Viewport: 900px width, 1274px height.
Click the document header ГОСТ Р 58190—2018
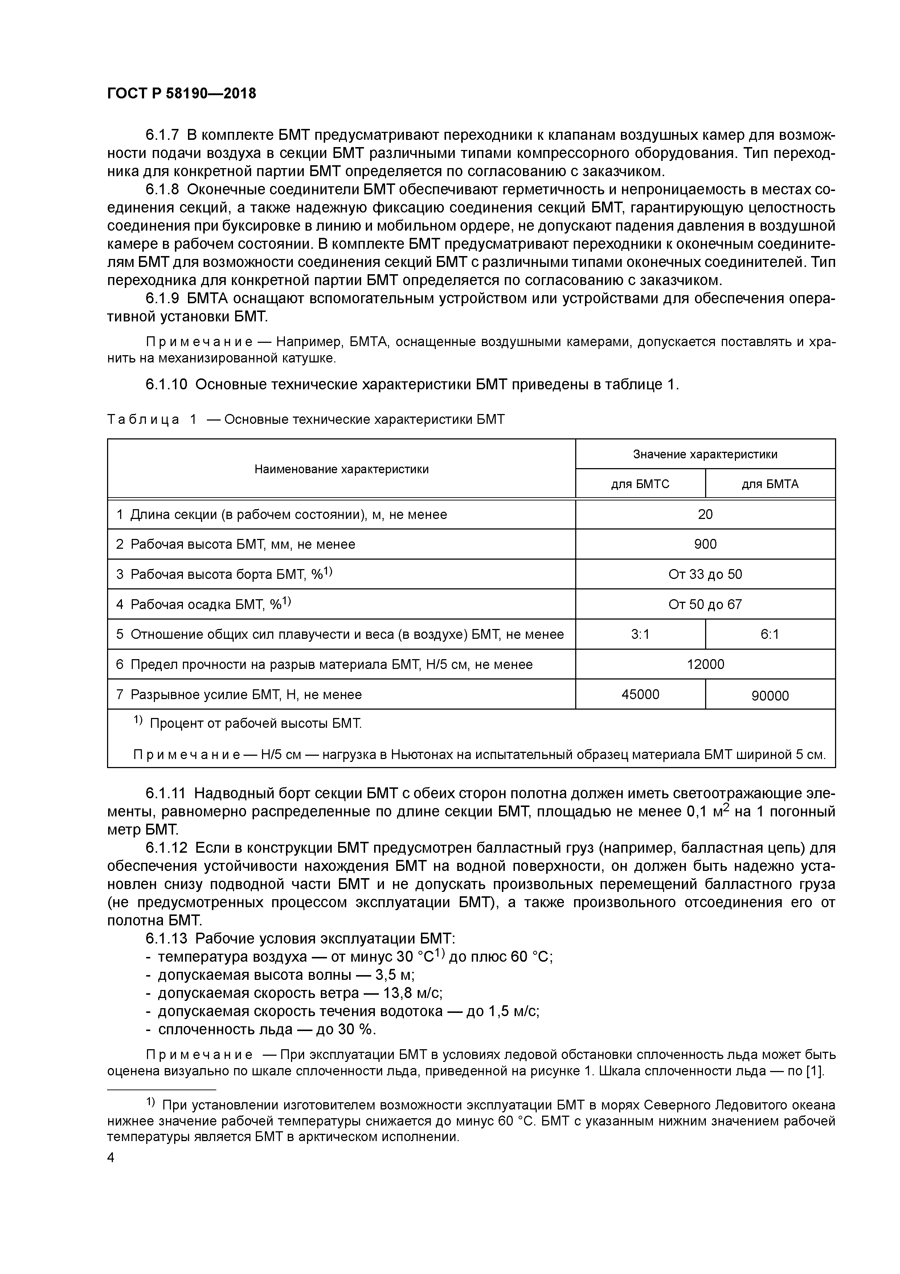(181, 94)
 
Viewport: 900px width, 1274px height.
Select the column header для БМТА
(770, 484)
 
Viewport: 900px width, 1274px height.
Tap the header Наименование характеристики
(341, 469)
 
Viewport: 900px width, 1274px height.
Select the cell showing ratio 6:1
(770, 634)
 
